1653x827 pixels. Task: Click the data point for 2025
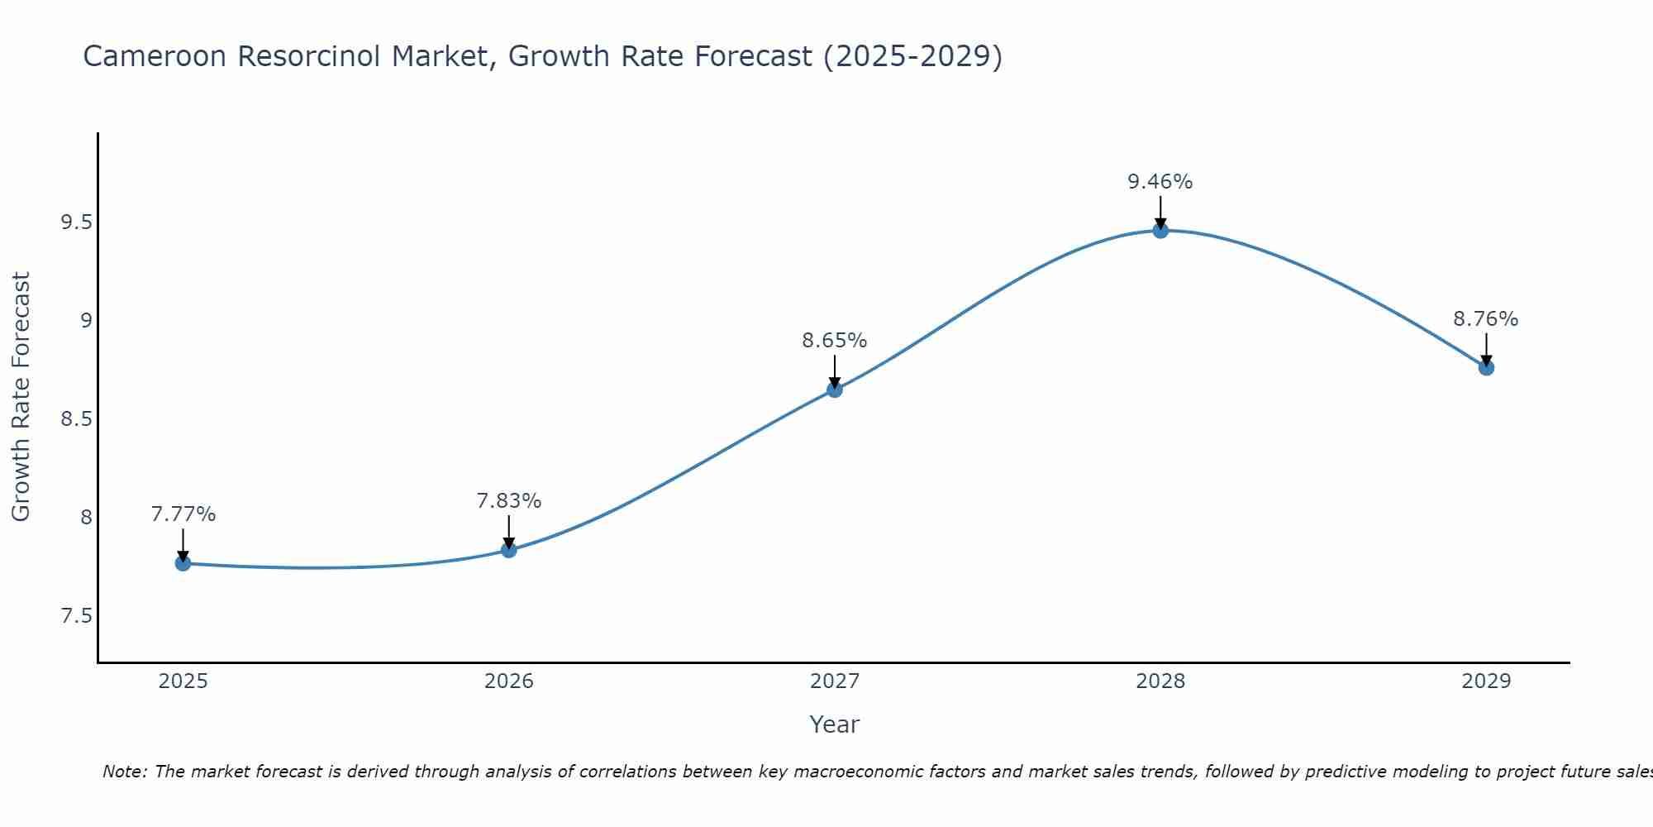click(183, 563)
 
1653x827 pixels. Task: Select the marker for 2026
click(508, 550)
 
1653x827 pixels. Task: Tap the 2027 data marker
click(834, 390)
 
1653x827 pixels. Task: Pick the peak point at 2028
click(1160, 231)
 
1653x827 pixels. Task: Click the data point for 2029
click(1486, 367)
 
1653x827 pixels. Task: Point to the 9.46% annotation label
click(1160, 182)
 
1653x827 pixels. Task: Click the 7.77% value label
click(183, 514)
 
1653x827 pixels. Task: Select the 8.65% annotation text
click(834, 341)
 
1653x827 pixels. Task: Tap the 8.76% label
click(1485, 319)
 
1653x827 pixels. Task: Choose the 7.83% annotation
click(508, 501)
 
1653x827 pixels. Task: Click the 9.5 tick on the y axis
click(76, 222)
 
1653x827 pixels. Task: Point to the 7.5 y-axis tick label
click(76, 616)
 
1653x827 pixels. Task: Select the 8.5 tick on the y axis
click(76, 419)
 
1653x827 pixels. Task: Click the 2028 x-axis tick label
click(1160, 681)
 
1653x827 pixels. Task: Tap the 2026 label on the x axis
click(508, 681)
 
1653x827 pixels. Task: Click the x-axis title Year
click(834, 724)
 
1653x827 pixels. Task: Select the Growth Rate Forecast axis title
click(21, 397)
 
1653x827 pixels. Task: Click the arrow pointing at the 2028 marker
click(1160, 212)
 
